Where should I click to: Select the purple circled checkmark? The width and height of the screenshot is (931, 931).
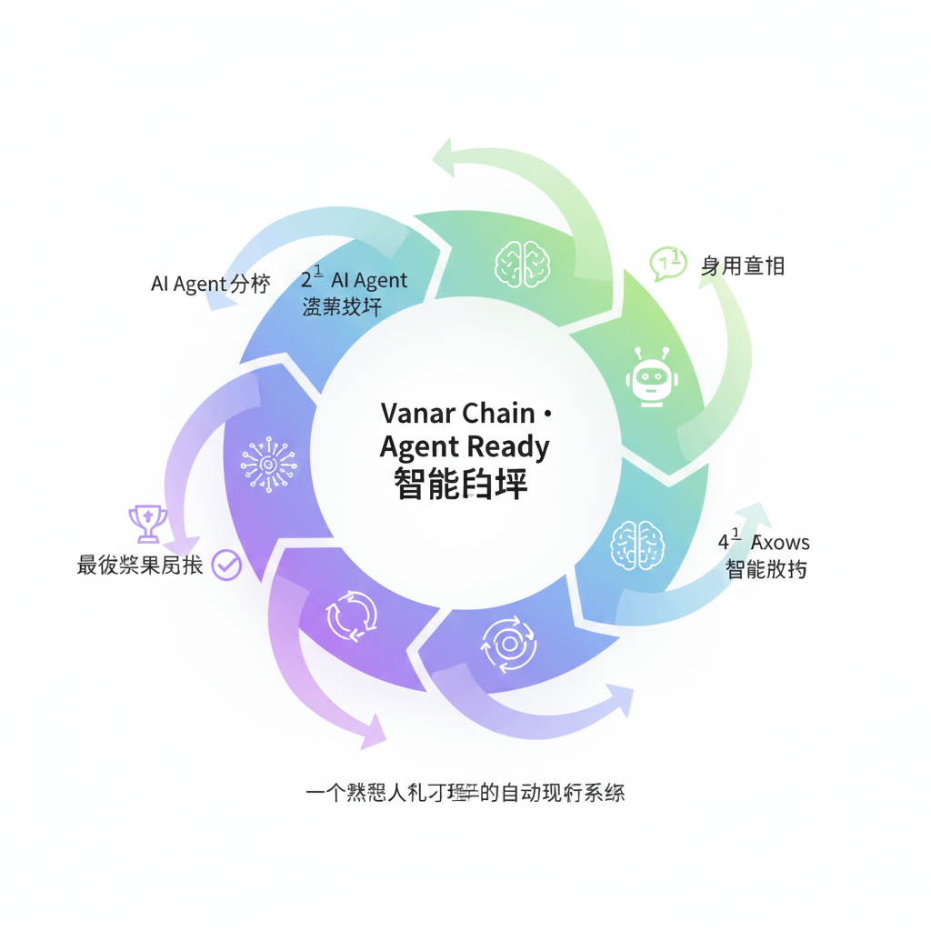[226, 566]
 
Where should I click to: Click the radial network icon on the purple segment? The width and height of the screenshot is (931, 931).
[268, 465]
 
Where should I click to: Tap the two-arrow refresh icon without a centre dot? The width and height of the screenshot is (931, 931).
[351, 615]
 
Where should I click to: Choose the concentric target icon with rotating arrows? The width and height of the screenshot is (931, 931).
[508, 644]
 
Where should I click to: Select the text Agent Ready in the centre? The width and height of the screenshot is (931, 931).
[465, 446]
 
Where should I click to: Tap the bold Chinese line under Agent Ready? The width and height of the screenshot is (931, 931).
[461, 483]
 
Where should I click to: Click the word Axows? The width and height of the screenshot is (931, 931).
[780, 543]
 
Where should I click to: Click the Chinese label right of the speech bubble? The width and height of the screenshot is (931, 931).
[742, 265]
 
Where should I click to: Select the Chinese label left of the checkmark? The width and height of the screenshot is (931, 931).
[140, 566]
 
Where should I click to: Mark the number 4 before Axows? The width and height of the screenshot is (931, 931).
[724, 543]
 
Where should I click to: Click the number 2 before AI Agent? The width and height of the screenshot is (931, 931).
[306, 281]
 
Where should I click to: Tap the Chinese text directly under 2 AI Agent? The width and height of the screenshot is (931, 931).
[341, 306]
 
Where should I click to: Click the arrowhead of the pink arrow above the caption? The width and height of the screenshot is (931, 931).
[374, 733]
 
